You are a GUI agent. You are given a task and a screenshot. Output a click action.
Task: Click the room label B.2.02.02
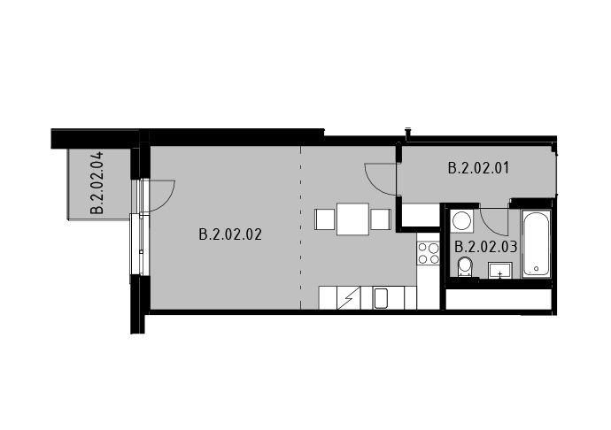(x=230, y=234)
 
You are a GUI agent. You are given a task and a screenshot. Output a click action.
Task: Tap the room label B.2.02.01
(x=478, y=168)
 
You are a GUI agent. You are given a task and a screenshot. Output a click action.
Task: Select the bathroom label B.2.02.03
(x=486, y=247)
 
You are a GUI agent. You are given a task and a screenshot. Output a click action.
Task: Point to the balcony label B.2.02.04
(x=97, y=183)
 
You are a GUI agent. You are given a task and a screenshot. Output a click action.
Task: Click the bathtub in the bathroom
(x=537, y=244)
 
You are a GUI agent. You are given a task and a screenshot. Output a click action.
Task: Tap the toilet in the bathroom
(x=465, y=267)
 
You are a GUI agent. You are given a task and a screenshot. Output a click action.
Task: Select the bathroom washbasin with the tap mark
(x=500, y=270)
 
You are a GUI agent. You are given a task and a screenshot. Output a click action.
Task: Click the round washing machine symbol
(x=461, y=221)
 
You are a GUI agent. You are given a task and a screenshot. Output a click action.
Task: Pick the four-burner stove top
(x=429, y=253)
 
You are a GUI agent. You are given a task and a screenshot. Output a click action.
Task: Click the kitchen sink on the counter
(x=380, y=298)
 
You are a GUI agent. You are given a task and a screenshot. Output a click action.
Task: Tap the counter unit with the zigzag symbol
(x=348, y=298)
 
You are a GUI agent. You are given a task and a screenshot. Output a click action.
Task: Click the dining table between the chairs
(x=352, y=219)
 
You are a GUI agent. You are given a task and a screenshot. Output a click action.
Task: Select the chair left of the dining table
(x=325, y=219)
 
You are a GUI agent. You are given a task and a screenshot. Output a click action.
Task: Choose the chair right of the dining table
(x=380, y=219)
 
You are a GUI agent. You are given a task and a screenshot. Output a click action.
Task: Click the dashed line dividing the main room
(x=300, y=228)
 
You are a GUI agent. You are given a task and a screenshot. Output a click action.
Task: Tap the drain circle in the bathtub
(x=537, y=269)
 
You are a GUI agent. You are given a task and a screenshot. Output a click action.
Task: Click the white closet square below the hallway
(x=421, y=214)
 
